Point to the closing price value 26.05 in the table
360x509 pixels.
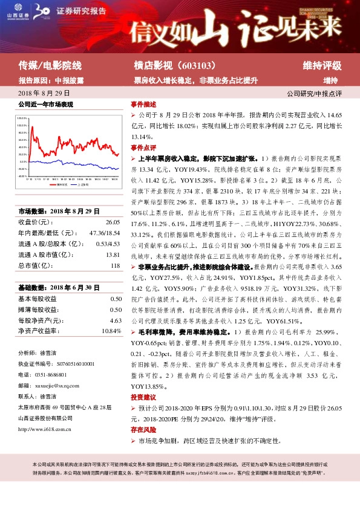(x=113, y=222)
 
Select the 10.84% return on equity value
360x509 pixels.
(x=112, y=331)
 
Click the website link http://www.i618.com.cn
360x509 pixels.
(x=45, y=430)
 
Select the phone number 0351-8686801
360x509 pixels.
(x=53, y=374)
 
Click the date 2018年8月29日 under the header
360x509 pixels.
(x=44, y=93)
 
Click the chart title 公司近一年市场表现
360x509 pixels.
(x=46, y=105)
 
